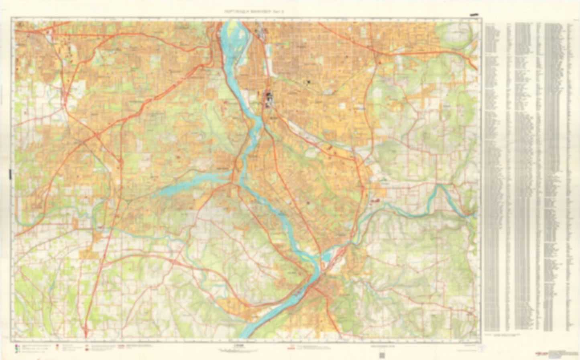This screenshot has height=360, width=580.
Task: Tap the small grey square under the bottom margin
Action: (x=382, y=355)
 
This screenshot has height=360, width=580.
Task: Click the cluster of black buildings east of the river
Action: (x=268, y=98)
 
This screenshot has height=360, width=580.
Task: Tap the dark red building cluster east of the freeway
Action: (x=376, y=199)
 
